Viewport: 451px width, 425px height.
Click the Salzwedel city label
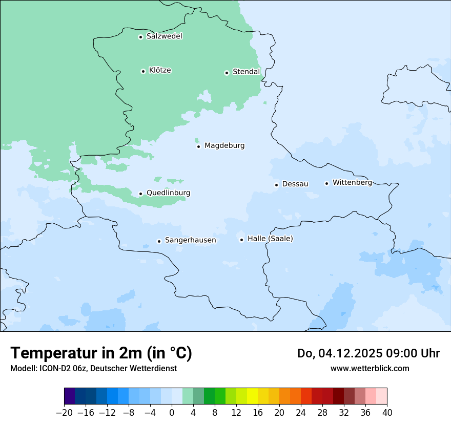(x=164, y=36)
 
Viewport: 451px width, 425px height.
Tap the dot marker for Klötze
(x=143, y=71)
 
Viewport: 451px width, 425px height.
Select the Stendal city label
(x=246, y=72)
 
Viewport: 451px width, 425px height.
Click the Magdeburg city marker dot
(x=198, y=146)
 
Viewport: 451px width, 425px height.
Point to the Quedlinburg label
(x=168, y=193)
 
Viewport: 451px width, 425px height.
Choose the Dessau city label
(x=295, y=184)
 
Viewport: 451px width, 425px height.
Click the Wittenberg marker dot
(x=326, y=183)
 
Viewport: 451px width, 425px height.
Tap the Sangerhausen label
(x=190, y=240)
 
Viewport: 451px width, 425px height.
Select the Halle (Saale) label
(x=270, y=239)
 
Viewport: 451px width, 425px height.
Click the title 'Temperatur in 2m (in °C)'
(x=101, y=353)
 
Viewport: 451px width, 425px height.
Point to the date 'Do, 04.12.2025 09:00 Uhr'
(x=368, y=353)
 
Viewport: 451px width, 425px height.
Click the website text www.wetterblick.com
(x=370, y=368)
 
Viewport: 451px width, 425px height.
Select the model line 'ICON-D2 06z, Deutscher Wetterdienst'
(x=93, y=368)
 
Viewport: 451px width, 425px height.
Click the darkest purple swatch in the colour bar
(x=70, y=396)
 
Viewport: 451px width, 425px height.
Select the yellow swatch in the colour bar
(x=252, y=396)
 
